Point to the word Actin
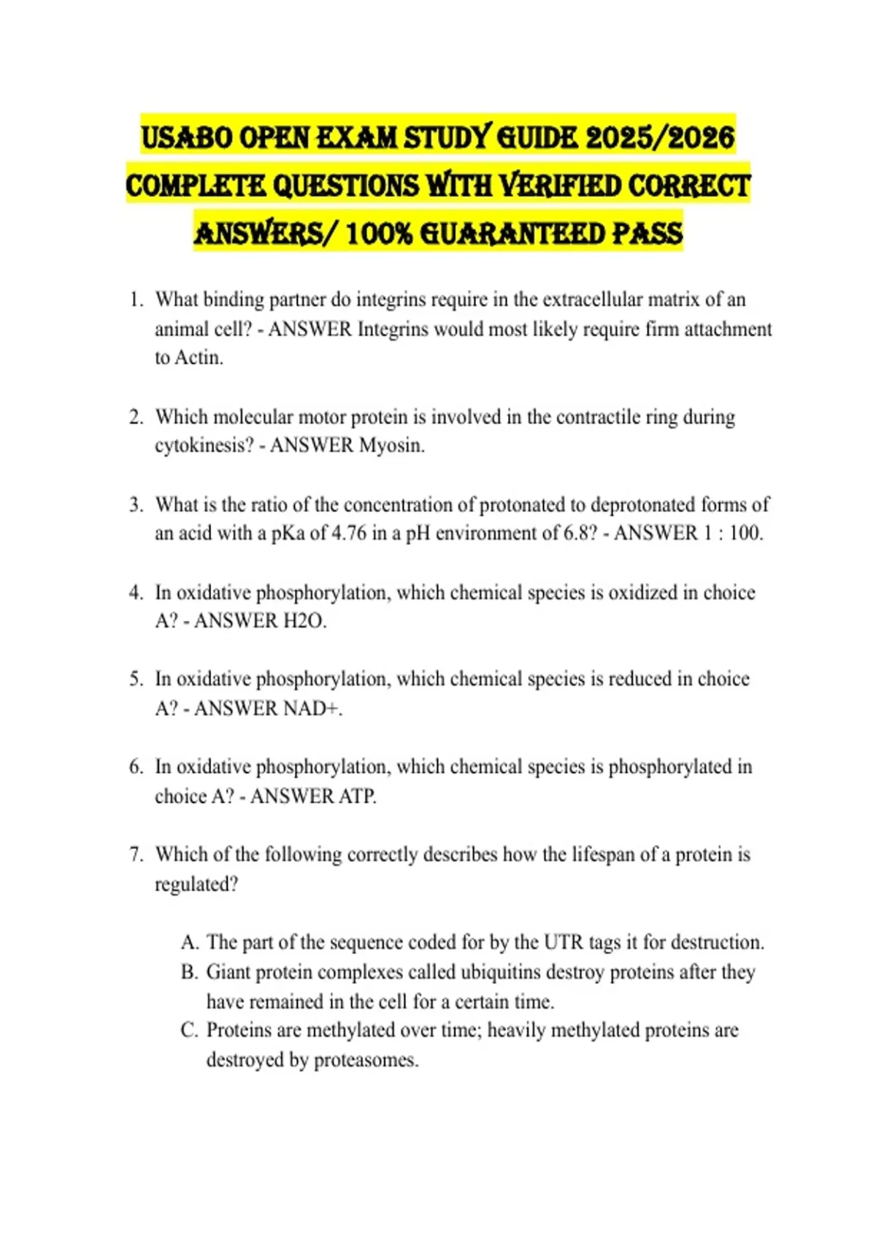[199, 358]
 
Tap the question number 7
[136, 854]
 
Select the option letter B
[189, 972]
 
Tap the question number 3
[136, 505]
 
